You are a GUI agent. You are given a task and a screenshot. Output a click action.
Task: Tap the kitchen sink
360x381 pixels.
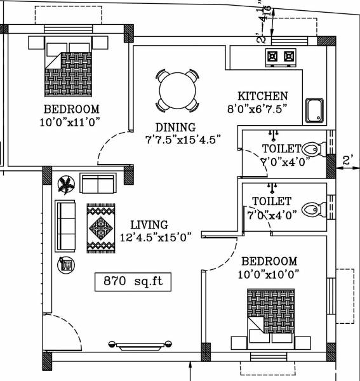[314, 111]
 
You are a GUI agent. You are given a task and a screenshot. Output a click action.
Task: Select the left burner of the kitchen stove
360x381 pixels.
[274, 57]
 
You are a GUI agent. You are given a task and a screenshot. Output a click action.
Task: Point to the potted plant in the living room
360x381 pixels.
[65, 185]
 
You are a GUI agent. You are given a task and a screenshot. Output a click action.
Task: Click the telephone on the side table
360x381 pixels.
[65, 264]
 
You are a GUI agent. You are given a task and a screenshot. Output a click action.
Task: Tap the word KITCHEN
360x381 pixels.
[263, 96]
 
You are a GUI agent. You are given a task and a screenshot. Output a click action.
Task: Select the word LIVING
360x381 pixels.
[149, 225]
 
